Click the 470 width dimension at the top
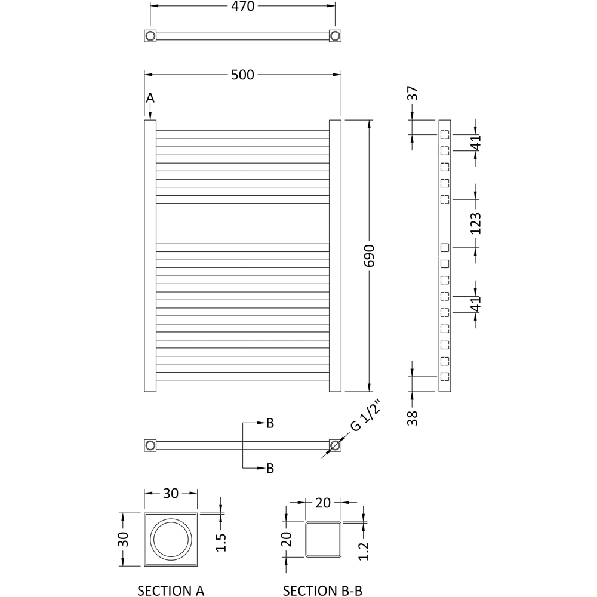[242, 7]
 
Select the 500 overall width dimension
[242, 75]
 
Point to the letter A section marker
[150, 97]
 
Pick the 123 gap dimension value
[475, 223]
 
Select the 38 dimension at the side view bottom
[413, 417]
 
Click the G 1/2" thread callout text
[365, 417]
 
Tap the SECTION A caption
[171, 590]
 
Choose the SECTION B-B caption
[322, 590]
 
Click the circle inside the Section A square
[171, 539]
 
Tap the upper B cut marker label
[270, 423]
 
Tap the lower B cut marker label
[270, 469]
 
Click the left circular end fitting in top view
[150, 36]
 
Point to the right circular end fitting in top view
[335, 36]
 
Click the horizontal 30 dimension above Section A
[171, 494]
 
